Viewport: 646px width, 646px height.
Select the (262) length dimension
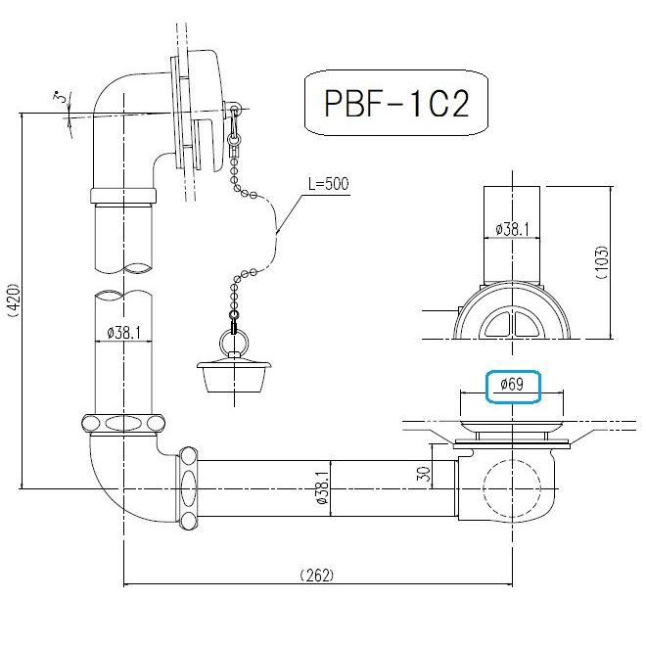315,575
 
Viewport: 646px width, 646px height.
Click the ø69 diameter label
513,385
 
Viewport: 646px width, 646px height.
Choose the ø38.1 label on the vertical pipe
124,333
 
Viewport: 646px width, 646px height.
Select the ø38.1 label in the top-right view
512,228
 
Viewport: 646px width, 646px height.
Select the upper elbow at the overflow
122,108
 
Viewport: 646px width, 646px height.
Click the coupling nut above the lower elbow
122,425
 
